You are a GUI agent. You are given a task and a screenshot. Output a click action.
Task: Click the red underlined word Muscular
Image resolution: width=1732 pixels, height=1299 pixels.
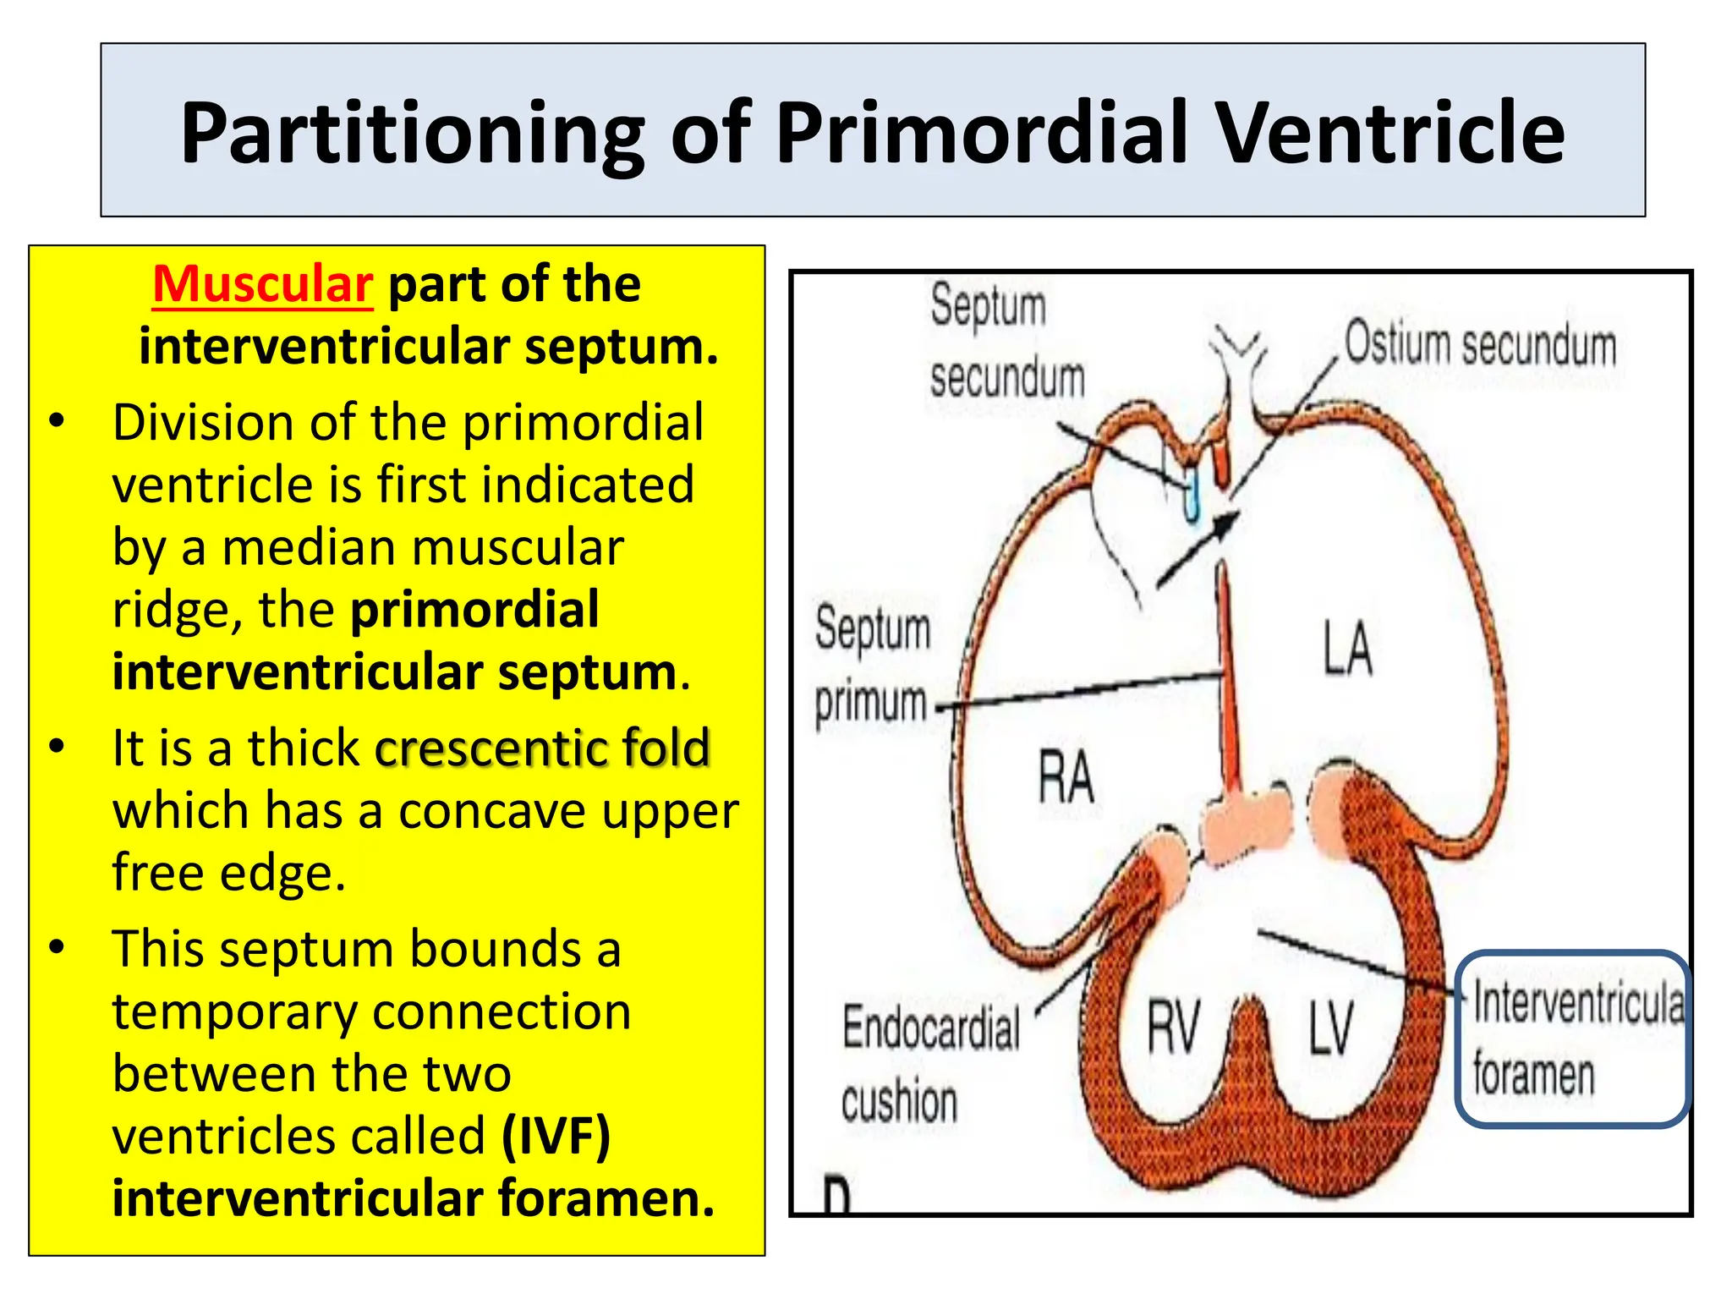pyautogui.click(x=262, y=284)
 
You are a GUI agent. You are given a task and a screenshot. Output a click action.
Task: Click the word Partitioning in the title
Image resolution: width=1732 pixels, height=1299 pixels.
pyautogui.click(x=412, y=133)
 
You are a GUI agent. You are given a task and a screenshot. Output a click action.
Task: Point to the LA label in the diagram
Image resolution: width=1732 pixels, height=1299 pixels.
pyautogui.click(x=1347, y=648)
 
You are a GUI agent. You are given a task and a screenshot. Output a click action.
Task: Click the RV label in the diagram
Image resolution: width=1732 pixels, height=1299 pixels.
pyautogui.click(x=1173, y=1027)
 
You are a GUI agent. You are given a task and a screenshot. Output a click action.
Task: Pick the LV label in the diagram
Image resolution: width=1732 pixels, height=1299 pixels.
pyautogui.click(x=1331, y=1027)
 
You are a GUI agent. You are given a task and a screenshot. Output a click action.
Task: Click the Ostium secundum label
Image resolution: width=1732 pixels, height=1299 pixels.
pyautogui.click(x=1480, y=345)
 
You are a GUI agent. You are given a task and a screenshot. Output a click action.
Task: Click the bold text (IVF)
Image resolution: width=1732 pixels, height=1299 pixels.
pyautogui.click(x=556, y=1136)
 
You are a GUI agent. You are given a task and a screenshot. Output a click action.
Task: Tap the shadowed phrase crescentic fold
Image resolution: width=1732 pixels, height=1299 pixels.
pyautogui.click(x=542, y=748)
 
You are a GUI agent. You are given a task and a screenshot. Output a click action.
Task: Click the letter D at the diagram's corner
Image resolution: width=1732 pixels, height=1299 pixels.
pyautogui.click(x=836, y=1197)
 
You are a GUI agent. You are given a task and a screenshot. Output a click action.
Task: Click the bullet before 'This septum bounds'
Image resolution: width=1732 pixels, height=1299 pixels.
pyautogui.click(x=57, y=947)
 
